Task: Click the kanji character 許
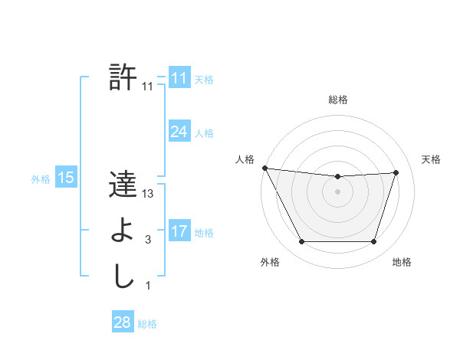[x=123, y=77]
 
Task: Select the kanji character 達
[x=123, y=185]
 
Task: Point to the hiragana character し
[x=123, y=277]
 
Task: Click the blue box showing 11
[x=179, y=78]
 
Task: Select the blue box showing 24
[x=179, y=132]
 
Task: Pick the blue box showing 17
[x=179, y=231]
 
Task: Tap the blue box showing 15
[x=65, y=178]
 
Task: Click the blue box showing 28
[x=122, y=322]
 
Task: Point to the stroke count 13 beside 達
[x=148, y=194]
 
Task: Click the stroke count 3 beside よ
[x=148, y=240]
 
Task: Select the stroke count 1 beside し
[x=148, y=286]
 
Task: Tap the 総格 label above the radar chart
[x=337, y=100]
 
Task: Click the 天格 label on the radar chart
[x=432, y=159]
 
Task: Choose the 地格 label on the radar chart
[x=402, y=262]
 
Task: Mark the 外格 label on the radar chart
[x=270, y=262]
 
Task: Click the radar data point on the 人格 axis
[x=264, y=168]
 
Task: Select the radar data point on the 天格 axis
[x=396, y=172]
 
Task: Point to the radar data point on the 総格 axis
[x=337, y=177]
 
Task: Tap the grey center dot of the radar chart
[x=337, y=191]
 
